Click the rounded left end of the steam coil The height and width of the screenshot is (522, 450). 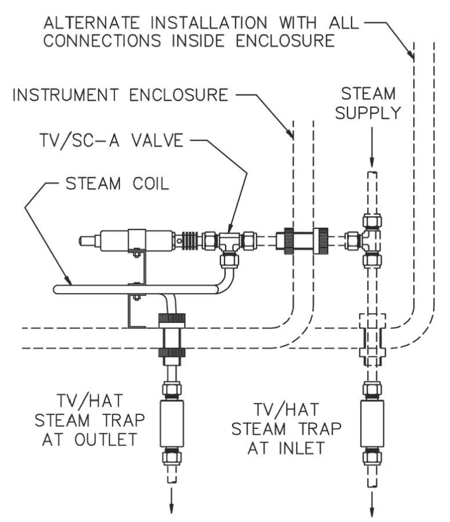tap(56, 289)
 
